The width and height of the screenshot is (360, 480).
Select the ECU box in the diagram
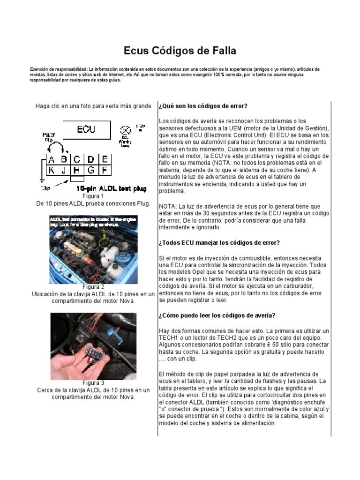click(86, 129)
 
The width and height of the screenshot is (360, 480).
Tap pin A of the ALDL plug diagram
click(52, 159)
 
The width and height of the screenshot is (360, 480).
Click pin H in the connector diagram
click(77, 170)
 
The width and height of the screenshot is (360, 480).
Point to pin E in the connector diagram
click(105, 159)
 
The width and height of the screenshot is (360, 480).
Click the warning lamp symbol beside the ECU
click(125, 130)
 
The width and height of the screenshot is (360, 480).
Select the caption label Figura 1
click(93, 196)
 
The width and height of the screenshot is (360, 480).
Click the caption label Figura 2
click(93, 287)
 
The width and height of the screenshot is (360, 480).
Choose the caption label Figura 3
click(93, 382)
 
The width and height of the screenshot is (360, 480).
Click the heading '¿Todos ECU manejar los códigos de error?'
click(219, 242)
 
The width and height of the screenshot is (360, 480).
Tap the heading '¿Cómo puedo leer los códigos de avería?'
click(217, 315)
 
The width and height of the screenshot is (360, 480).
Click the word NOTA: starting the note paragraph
click(168, 206)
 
